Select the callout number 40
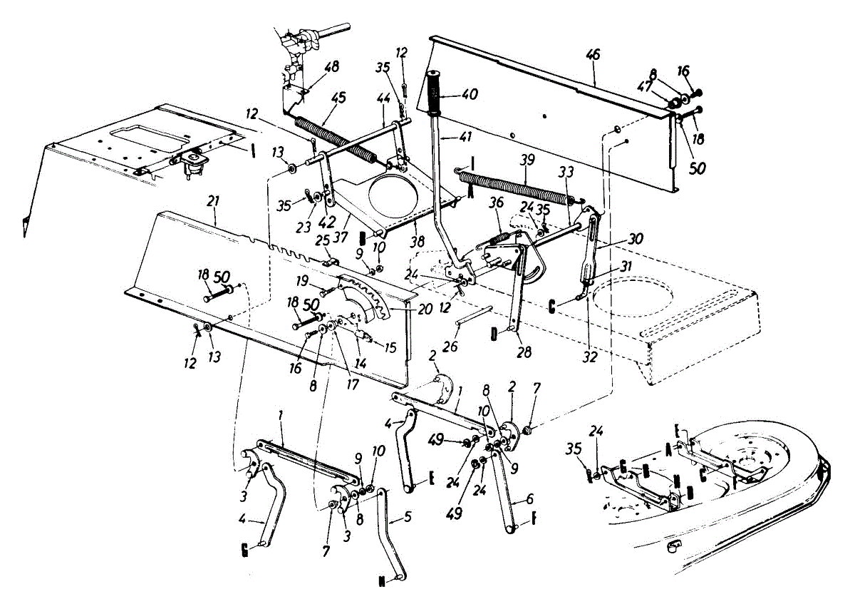tap(470, 93)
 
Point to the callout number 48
tap(331, 66)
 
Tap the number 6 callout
tap(530, 500)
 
